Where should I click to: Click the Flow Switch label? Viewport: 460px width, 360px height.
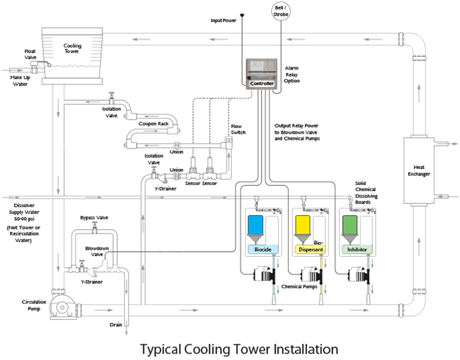pyautogui.click(x=237, y=130)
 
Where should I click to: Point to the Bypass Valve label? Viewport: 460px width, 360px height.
pyautogui.click(x=94, y=218)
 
